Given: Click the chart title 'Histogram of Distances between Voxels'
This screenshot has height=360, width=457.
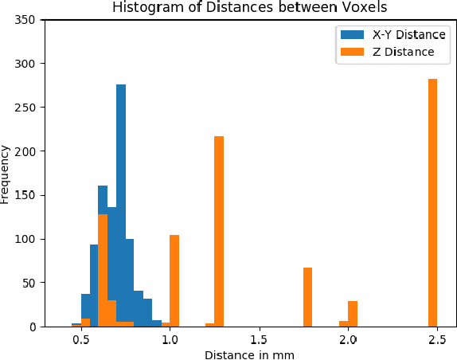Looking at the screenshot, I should (250, 8).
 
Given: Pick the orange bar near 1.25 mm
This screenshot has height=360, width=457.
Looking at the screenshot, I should (219, 231).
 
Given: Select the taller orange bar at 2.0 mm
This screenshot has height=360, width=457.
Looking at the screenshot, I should (353, 314).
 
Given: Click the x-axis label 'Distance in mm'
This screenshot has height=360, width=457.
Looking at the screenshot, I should (249, 354).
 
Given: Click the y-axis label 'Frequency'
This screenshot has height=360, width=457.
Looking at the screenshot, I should (6, 174).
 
